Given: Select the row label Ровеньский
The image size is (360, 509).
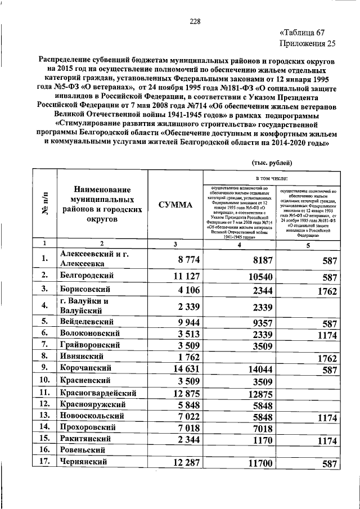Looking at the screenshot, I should pos(85,450).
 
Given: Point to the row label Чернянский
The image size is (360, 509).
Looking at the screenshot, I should pos(85,462).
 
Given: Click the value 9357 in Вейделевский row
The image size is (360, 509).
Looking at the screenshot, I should pos(263,323).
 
